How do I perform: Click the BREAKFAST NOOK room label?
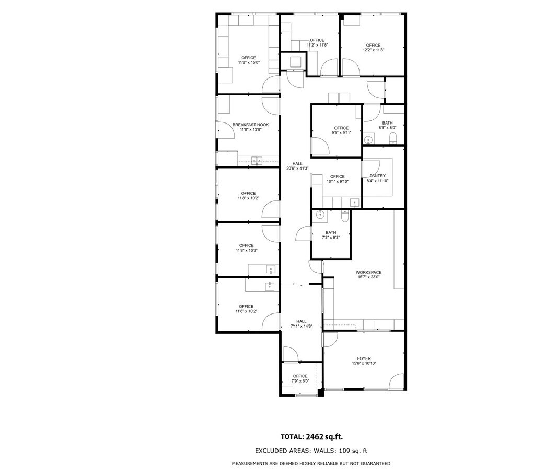(251, 125)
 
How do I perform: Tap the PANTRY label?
(377, 176)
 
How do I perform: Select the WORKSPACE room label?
(368, 272)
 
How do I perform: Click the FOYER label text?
(364, 358)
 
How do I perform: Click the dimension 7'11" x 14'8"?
(302, 326)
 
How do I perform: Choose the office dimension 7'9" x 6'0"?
(300, 381)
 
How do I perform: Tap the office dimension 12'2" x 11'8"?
(373, 50)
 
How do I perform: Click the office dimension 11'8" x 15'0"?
(249, 62)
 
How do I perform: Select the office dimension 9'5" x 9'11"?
(341, 133)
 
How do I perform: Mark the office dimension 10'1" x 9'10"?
(338, 182)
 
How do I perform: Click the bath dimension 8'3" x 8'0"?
(387, 128)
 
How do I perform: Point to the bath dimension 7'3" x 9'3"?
(331, 238)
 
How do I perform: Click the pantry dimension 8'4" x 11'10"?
(377, 181)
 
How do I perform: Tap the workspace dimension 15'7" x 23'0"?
(368, 277)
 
